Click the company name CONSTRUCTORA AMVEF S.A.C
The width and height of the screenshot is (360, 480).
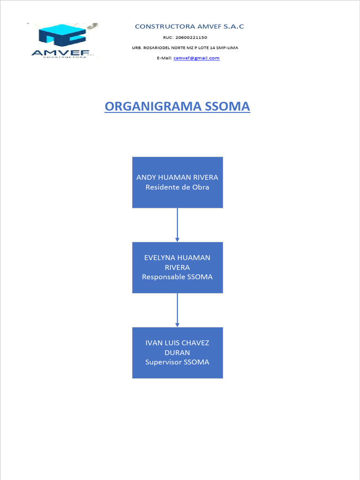pos(189,27)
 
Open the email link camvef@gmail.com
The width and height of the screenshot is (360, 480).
pos(196,58)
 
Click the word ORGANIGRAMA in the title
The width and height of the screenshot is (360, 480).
pos(153,106)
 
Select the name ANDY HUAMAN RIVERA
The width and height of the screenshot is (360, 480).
pos(177,177)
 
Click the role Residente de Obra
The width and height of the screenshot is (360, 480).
pos(177,187)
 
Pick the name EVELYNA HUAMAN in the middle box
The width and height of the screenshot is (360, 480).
pos(177,257)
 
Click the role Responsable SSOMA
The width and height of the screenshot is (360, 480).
pos(177,277)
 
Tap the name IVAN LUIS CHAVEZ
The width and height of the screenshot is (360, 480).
pos(177,343)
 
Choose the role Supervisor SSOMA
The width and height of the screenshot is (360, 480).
pos(177,362)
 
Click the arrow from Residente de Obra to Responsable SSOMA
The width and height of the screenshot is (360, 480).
pos(177,225)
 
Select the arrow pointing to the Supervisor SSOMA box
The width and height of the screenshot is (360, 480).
pos(177,310)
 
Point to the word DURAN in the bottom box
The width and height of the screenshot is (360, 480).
pos(177,352)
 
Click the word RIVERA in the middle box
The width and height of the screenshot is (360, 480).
pos(177,267)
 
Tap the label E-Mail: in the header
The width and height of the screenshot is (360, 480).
pos(165,58)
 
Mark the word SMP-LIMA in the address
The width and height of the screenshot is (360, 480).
pos(227,48)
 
